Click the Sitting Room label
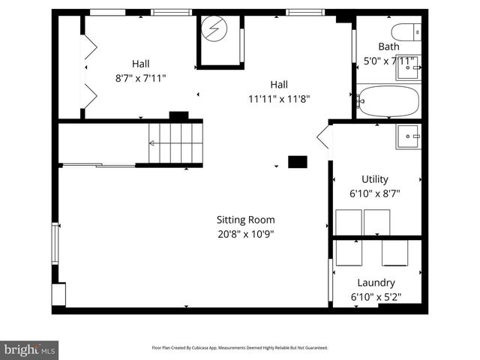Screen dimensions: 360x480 click(245, 220)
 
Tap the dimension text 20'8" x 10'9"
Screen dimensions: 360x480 click(245, 233)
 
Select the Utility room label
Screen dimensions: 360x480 click(375, 179)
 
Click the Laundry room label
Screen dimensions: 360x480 click(376, 283)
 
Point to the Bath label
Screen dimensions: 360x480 click(388, 46)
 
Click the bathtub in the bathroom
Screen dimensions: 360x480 click(388, 100)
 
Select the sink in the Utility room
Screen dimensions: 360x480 click(409, 136)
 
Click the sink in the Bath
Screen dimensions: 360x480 click(409, 68)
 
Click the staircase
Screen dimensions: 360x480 click(175, 142)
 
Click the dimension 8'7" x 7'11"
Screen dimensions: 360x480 click(140, 77)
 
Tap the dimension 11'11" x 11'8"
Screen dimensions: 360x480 click(279, 98)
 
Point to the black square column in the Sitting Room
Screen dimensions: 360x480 click(298, 161)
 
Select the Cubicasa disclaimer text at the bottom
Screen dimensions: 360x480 click(239, 348)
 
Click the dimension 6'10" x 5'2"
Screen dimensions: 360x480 click(376, 297)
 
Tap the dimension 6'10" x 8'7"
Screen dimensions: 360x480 click(375, 193)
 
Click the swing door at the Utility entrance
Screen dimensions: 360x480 click(324, 137)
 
